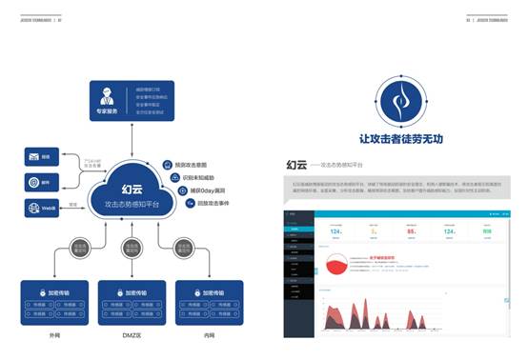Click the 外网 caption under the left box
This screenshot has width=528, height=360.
53,335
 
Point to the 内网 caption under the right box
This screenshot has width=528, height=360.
210,335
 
